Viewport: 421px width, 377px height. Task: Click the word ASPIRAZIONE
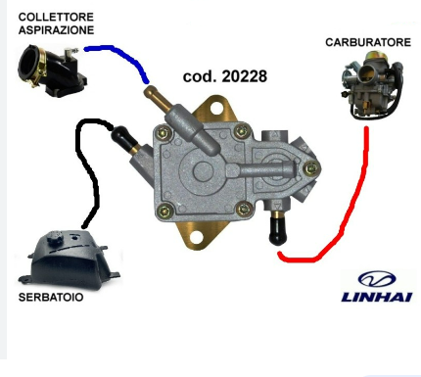pyautogui.click(x=56, y=30)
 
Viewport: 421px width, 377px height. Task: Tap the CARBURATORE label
pyautogui.click(x=368, y=42)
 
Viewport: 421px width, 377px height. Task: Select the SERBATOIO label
pyautogui.click(x=51, y=297)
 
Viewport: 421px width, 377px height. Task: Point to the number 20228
pyautogui.click(x=244, y=76)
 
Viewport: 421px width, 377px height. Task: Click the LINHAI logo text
pyautogui.click(x=377, y=297)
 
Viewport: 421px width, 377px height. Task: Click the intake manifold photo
pyautogui.click(x=52, y=71)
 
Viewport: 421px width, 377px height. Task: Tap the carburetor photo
pyautogui.click(x=372, y=85)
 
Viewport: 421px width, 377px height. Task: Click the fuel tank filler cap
pyautogui.click(x=55, y=237)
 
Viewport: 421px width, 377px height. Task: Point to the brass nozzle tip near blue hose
pyautogui.click(x=149, y=91)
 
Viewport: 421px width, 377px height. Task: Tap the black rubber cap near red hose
pyautogui.click(x=277, y=232)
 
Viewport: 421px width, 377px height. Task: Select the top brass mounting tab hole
pyautogui.click(x=215, y=109)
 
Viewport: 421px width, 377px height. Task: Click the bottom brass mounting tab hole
pyautogui.click(x=196, y=238)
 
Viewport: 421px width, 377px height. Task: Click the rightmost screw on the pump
pyautogui.click(x=311, y=168)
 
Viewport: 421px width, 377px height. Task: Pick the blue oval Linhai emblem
pyautogui.click(x=377, y=279)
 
